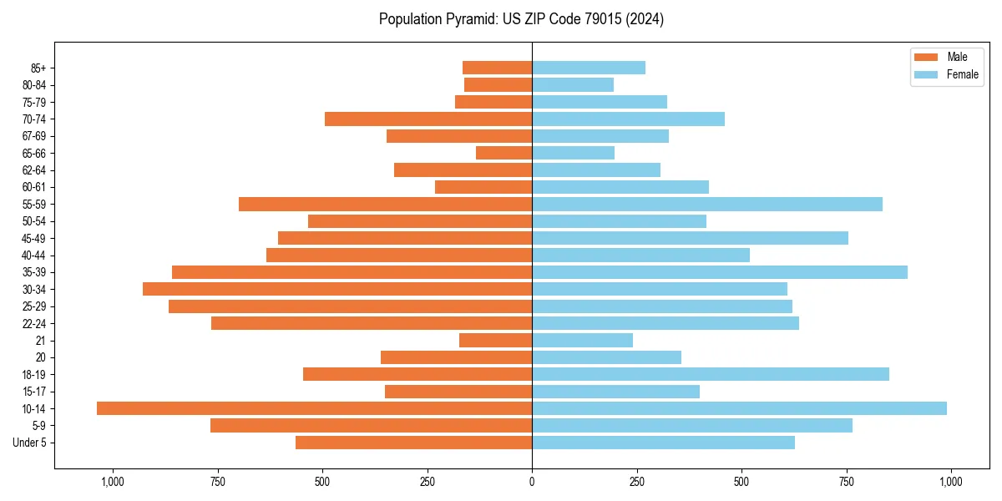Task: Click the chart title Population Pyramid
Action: pyautogui.click(x=521, y=19)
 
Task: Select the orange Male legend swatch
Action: pyautogui.click(x=926, y=57)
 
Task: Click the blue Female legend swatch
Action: pyautogui.click(x=926, y=74)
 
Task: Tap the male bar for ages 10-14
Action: pyautogui.click(x=314, y=408)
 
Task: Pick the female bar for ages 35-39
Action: pyautogui.click(x=720, y=272)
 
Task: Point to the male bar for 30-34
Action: pyautogui.click(x=337, y=289)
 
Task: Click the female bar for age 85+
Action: pyautogui.click(x=589, y=68)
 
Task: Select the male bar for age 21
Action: pyautogui.click(x=495, y=340)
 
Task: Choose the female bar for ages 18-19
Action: pyautogui.click(x=711, y=374)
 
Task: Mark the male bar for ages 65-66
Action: pyautogui.click(x=504, y=153)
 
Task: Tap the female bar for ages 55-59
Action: pyautogui.click(x=707, y=204)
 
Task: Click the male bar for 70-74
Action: pyautogui.click(x=428, y=119)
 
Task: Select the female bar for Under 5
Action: pyautogui.click(x=663, y=443)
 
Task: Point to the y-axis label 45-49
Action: pyautogui.click(x=34, y=238)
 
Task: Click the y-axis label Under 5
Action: pyautogui.click(x=30, y=443)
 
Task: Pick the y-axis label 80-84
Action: pyautogui.click(x=34, y=84)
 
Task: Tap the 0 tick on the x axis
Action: pyautogui.click(x=532, y=482)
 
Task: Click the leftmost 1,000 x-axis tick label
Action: pyautogui.click(x=112, y=482)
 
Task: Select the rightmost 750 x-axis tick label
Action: pyautogui.click(x=846, y=482)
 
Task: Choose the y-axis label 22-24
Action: pyautogui.click(x=34, y=323)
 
